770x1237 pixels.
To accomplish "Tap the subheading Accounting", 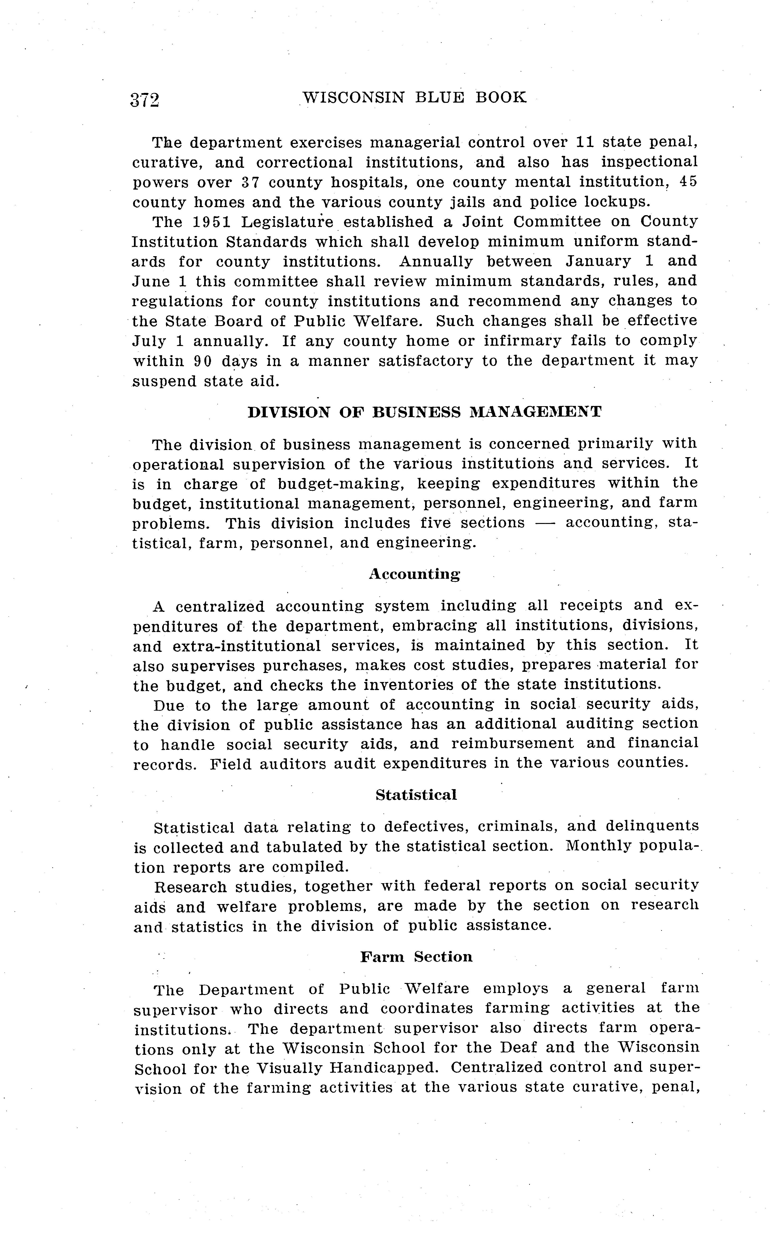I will coord(415,574).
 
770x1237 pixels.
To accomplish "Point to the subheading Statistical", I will coord(416,795).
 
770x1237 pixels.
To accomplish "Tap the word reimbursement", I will coord(512,744).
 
